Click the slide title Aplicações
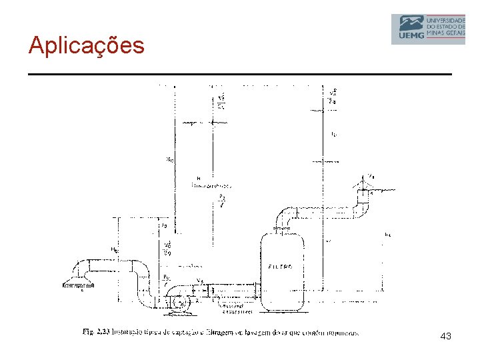[x=86, y=45]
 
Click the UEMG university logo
[x=427, y=29]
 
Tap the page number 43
[x=445, y=337]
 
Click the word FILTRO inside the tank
[x=281, y=267]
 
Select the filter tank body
[x=282, y=273]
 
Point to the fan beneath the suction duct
[x=178, y=301]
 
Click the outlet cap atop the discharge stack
[x=365, y=180]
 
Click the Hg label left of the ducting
[x=115, y=251]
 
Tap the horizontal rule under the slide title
[x=240, y=73]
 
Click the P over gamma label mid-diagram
[x=222, y=200]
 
